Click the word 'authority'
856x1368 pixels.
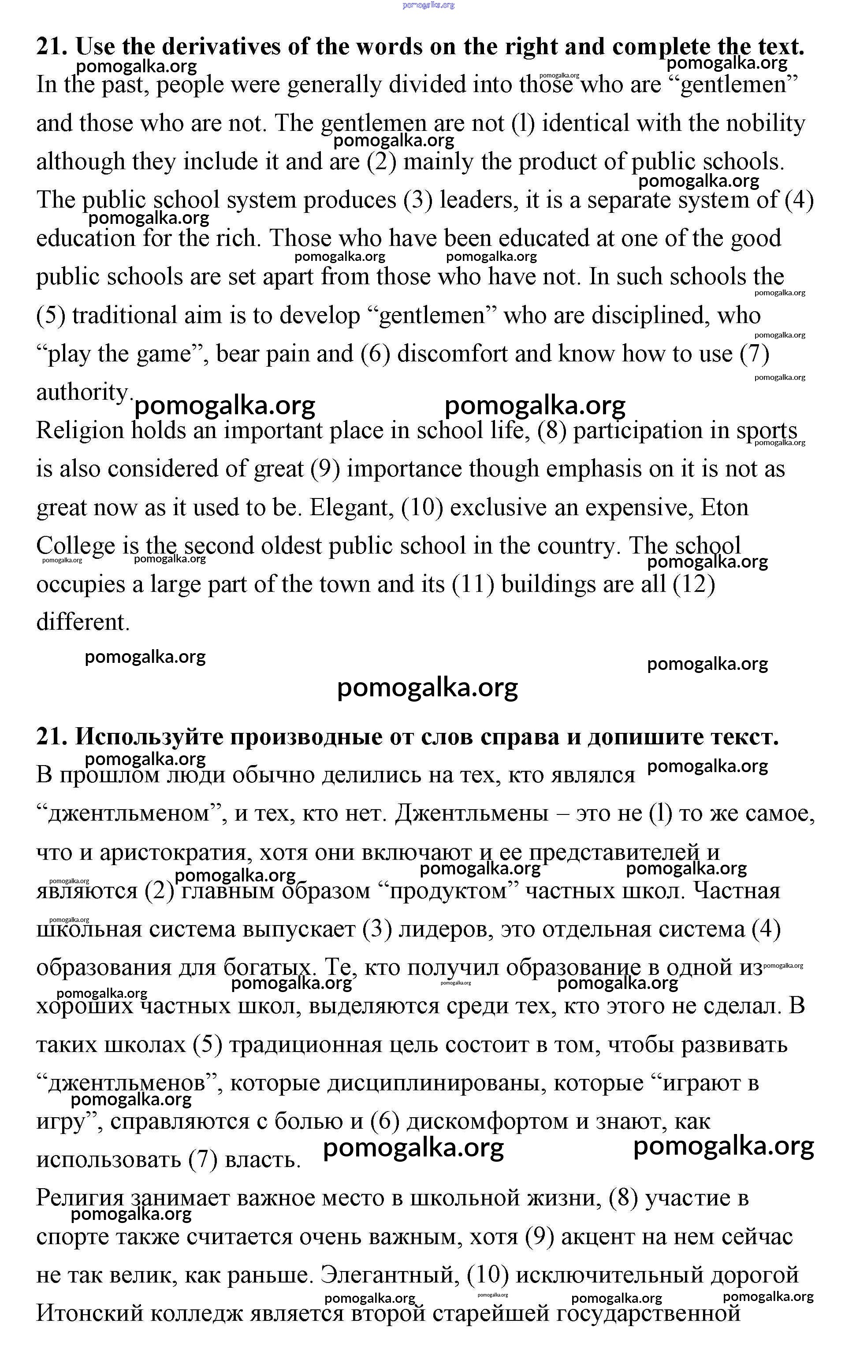[83, 392]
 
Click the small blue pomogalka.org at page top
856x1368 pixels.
[428, 5]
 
